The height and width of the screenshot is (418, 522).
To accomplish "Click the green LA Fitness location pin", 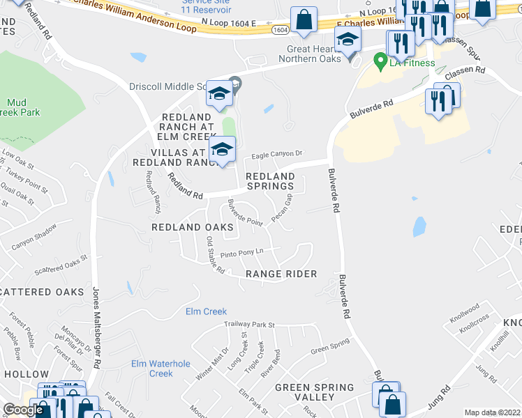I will pos(380,62).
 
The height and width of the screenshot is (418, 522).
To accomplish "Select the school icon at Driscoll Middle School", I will pos(220,95).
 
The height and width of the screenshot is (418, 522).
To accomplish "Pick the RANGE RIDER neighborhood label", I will pos(281,274).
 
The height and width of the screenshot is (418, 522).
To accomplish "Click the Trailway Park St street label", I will pos(250,325).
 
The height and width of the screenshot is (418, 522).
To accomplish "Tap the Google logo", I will pos(24,410).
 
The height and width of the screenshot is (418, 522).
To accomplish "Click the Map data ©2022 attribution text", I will pos(491,412).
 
